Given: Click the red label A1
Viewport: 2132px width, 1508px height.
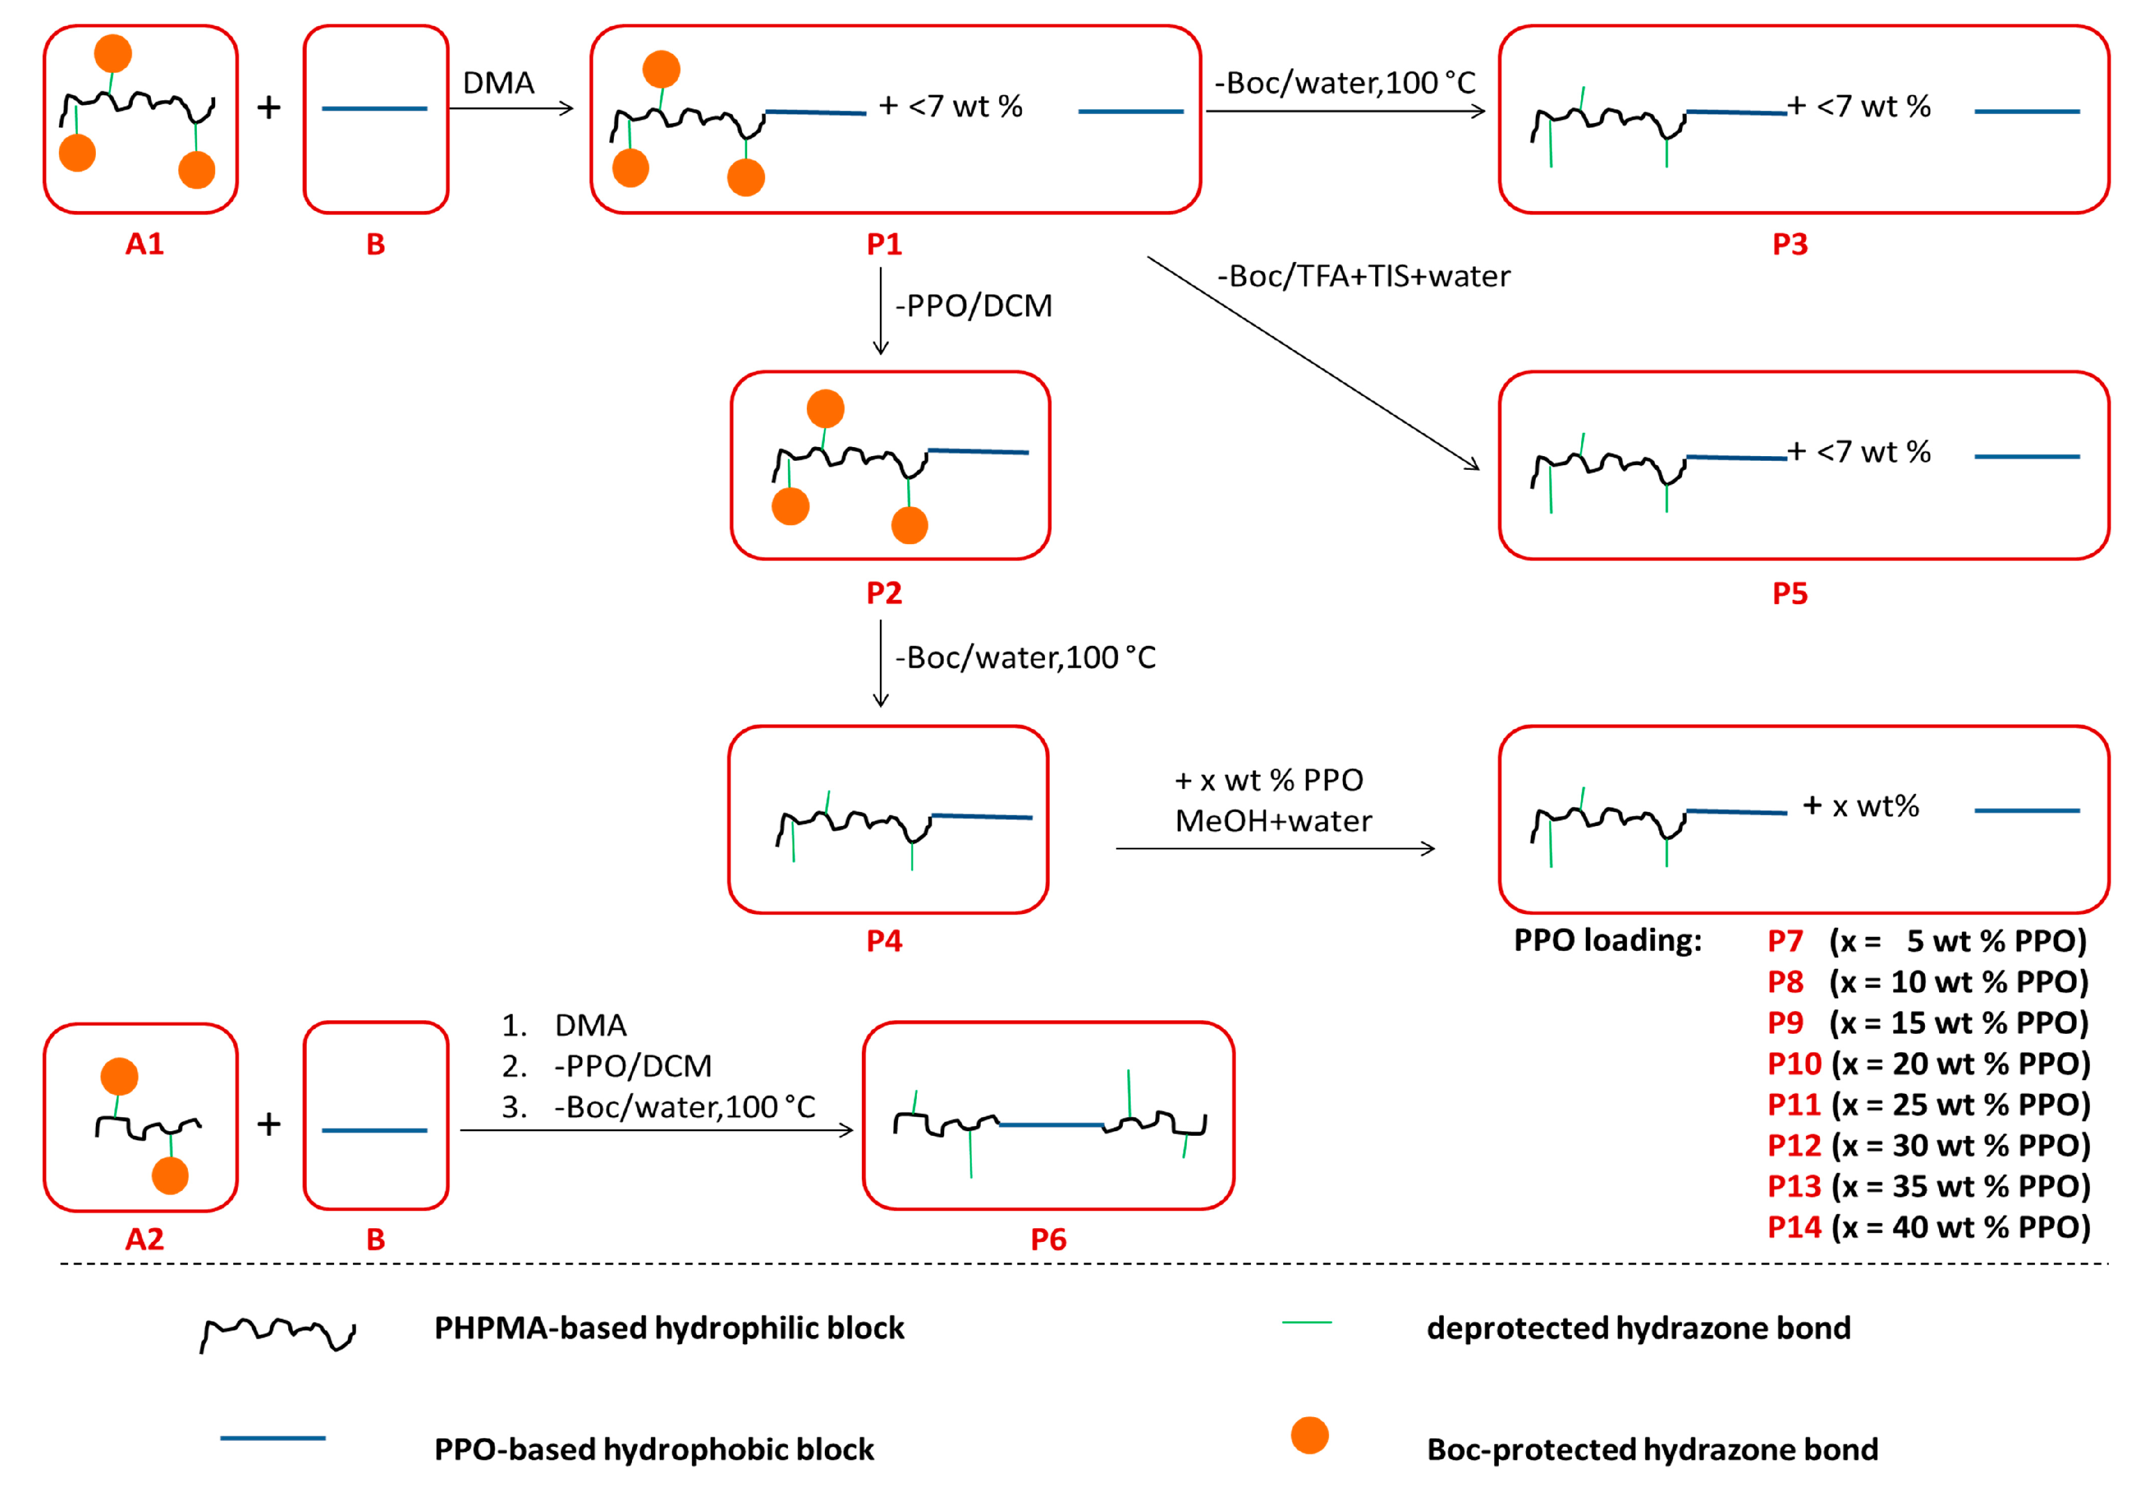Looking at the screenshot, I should [144, 244].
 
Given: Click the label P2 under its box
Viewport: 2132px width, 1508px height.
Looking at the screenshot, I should [884, 592].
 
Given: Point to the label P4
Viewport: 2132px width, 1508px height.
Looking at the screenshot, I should [884, 941].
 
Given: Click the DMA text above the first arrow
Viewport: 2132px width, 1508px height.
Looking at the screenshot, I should [499, 83].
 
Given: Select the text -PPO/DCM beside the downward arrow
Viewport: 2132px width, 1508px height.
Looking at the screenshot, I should [973, 305].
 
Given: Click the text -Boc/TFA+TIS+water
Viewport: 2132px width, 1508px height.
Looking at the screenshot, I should [1363, 276].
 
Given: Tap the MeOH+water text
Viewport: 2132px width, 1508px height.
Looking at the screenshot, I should [1273, 821].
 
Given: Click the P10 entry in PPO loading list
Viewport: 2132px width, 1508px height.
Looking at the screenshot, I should [1794, 1063].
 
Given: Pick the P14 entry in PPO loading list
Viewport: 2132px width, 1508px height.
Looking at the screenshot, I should [1794, 1227].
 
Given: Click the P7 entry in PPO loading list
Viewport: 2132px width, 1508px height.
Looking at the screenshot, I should [1785, 941].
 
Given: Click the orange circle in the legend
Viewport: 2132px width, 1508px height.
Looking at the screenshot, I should [1309, 1435].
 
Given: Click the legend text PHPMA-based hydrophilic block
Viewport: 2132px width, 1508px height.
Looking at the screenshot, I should [668, 1328].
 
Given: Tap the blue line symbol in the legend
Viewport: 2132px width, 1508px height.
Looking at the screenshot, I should [272, 1438].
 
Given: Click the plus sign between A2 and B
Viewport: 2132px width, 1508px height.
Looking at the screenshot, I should [269, 1124].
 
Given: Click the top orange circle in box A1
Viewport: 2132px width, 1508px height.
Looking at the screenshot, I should [113, 54].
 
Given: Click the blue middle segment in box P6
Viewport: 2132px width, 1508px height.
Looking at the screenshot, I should [1050, 1124].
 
